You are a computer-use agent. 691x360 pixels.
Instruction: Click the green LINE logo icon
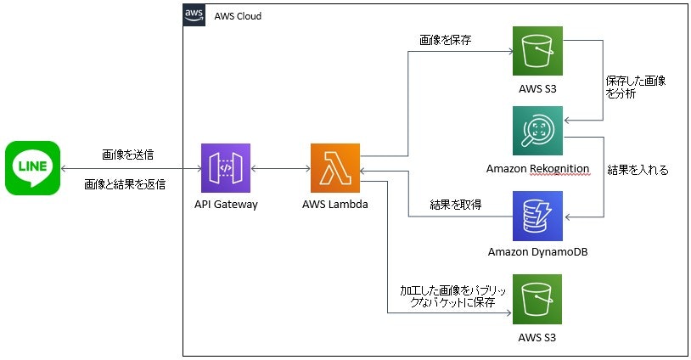[x=32, y=168]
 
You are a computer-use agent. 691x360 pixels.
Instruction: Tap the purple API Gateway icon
[x=225, y=169]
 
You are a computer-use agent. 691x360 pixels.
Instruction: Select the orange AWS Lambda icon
[x=335, y=169]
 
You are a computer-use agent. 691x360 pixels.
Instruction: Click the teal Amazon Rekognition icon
[x=537, y=132]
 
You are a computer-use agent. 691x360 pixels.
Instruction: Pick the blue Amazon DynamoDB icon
[x=537, y=216]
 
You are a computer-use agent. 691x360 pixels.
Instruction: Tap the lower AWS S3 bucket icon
[x=537, y=298]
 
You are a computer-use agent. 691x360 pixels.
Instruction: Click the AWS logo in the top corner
[x=194, y=15]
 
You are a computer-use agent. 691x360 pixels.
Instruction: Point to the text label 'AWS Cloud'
[x=237, y=16]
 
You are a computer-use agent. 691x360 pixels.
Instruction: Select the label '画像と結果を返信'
[x=130, y=183]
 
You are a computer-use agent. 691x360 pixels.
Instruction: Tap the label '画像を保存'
[x=446, y=40]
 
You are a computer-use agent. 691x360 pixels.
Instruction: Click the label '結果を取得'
[x=457, y=204]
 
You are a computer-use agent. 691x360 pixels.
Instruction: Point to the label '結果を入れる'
[x=638, y=170]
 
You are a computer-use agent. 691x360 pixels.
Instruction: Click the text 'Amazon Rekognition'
[x=537, y=168]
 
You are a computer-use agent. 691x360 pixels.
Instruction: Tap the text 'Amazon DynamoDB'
[x=537, y=251]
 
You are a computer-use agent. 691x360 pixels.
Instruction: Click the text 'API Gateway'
[x=225, y=205]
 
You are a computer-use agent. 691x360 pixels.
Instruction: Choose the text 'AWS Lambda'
[x=335, y=205]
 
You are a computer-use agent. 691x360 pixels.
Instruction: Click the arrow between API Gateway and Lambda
[x=280, y=169]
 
